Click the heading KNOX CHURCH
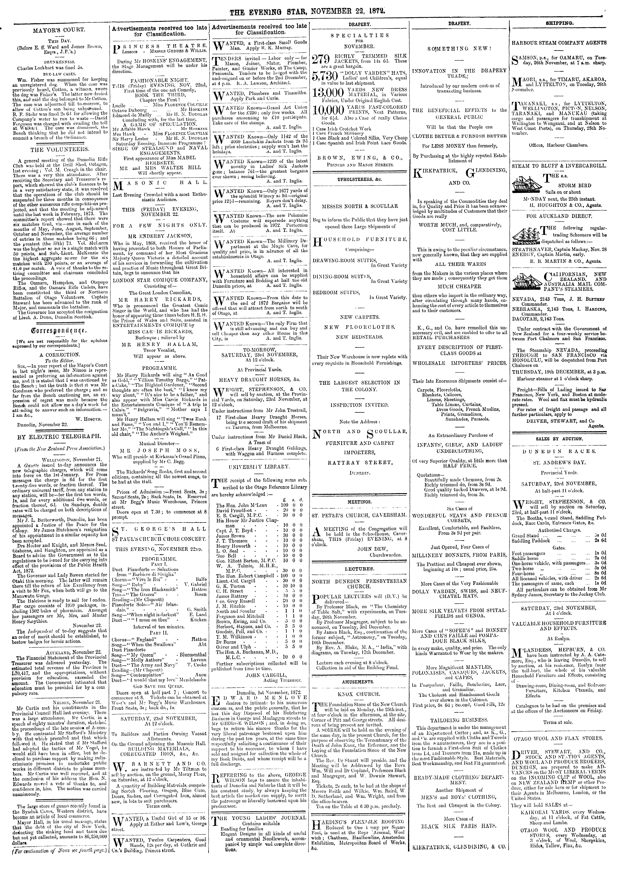coord(360,694)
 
